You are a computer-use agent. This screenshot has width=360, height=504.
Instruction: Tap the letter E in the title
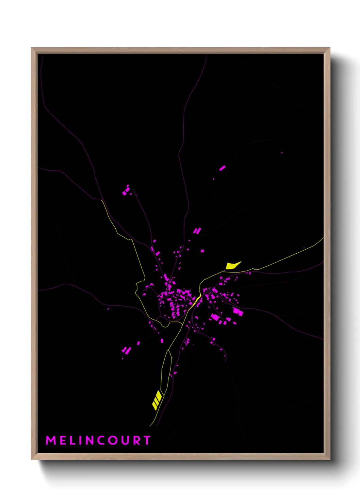64,440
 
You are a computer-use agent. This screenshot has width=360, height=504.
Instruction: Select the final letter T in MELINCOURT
147,440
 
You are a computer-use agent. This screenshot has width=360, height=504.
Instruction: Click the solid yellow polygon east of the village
232,265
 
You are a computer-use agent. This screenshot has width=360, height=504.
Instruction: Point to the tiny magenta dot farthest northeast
282,153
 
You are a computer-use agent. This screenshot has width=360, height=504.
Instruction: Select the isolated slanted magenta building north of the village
222,168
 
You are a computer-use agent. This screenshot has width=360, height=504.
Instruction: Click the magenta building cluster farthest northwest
126,191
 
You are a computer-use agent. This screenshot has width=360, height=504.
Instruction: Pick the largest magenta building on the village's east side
238,312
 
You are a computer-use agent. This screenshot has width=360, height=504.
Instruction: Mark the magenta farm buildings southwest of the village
127,350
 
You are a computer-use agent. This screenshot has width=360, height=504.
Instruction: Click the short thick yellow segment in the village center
197,300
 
